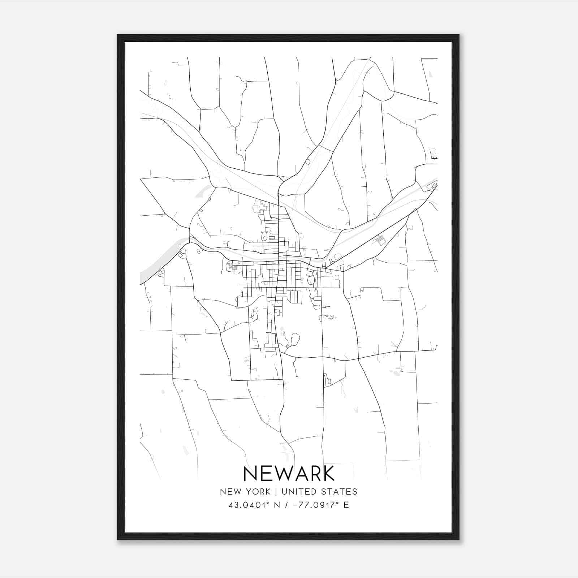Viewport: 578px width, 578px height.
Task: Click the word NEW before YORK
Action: tap(229, 492)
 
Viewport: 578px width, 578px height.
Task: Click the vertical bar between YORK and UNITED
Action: tap(276, 492)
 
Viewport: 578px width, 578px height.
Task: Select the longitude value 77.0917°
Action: tap(319, 505)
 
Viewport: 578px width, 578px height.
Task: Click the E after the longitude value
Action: tap(346, 505)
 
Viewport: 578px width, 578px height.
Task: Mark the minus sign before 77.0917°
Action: tap(296, 505)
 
